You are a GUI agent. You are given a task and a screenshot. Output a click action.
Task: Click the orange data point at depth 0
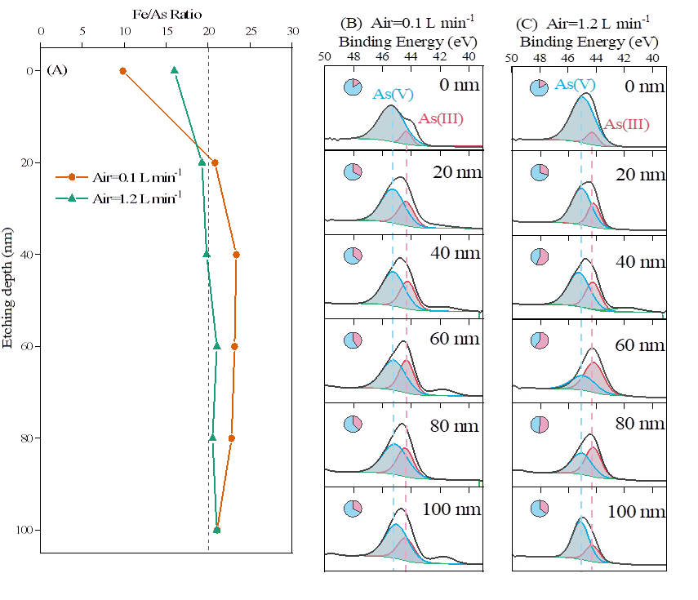[x=123, y=71]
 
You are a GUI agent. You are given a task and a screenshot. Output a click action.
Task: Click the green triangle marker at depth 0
[x=174, y=70]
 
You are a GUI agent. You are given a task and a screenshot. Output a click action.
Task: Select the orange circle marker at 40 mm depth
[x=236, y=255]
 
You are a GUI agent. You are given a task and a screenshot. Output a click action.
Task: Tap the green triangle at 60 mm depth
[x=217, y=346]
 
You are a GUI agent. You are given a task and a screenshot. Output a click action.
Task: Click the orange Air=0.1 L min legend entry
[x=114, y=176]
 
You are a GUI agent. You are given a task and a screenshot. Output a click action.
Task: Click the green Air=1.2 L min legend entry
[x=114, y=198]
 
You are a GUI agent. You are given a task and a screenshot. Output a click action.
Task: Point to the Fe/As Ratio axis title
[x=167, y=14]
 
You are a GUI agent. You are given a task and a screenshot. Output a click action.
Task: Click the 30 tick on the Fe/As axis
[x=292, y=33]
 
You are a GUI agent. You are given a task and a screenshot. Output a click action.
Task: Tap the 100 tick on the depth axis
[x=24, y=531]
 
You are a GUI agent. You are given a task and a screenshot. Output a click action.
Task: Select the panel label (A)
[x=57, y=70]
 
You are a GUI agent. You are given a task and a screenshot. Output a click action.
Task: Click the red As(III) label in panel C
[x=626, y=125]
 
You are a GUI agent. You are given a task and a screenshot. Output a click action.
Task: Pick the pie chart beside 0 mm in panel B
[x=352, y=87]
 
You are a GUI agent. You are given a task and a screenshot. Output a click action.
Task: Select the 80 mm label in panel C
[x=639, y=424]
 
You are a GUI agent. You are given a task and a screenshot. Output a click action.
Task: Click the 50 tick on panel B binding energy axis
[x=324, y=57]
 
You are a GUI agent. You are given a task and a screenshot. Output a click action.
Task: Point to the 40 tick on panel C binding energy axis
[x=652, y=57]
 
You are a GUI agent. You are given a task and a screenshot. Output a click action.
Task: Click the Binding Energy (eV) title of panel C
[x=588, y=41]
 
